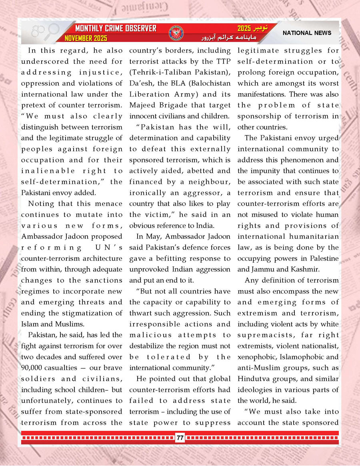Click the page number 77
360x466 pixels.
pyautogui.click(x=180, y=438)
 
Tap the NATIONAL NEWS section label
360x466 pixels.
pyautogui.click(x=307, y=33)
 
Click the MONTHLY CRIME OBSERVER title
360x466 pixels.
pyautogui.click(x=116, y=29)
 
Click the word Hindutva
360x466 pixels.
pyautogui.click(x=254, y=378)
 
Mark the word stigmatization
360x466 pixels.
pyautogui.click(x=80, y=313)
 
